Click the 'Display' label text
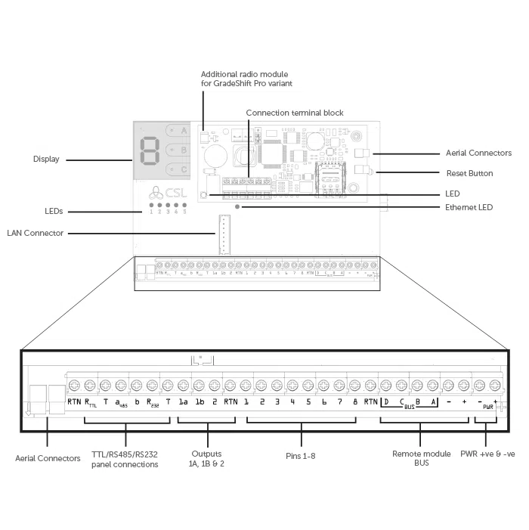point(46,159)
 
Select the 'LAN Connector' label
point(36,233)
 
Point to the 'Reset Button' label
point(469,173)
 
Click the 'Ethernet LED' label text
point(469,206)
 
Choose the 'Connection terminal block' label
point(295,113)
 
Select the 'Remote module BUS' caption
point(410,458)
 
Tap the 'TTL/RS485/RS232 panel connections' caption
point(125,459)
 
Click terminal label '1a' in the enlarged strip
point(183,401)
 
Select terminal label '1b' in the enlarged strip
point(200,401)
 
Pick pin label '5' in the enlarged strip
point(308,401)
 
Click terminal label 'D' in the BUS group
point(386,401)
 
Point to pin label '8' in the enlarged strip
point(354,401)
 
